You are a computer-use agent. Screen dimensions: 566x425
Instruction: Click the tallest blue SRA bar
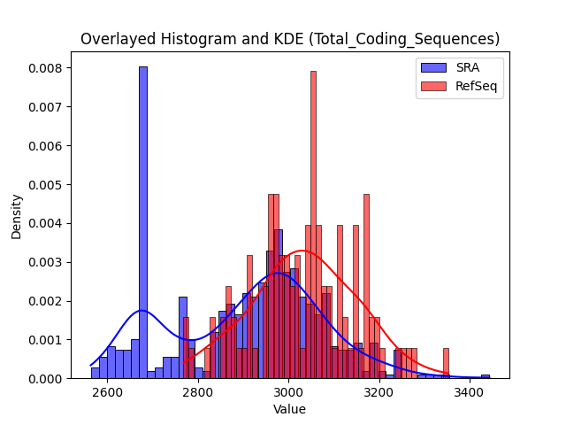pos(143,222)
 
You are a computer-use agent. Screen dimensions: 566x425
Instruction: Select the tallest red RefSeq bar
pos(313,224)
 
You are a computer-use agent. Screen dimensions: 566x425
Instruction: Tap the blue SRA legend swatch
pos(433,67)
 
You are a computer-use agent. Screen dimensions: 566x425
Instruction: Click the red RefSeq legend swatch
pos(433,86)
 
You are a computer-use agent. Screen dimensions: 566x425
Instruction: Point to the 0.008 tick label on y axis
pos(45,68)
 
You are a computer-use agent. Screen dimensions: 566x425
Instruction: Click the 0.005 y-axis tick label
pos(45,185)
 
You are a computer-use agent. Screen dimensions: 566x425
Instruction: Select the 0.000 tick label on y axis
pos(45,379)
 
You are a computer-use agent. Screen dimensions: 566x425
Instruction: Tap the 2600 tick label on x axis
pos(107,392)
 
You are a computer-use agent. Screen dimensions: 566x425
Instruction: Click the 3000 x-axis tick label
pos(289,392)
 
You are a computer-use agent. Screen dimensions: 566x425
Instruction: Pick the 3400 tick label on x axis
pos(470,392)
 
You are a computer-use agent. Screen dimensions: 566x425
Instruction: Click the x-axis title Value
pos(289,409)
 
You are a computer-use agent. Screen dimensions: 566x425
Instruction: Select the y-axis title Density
pos(16,217)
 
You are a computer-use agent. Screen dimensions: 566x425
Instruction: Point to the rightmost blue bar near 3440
pos(486,376)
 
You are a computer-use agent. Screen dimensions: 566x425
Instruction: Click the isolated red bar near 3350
pos(446,363)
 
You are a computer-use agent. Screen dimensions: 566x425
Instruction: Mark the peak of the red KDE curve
pos(302,251)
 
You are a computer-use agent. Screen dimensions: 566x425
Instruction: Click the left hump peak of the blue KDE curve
pos(141,311)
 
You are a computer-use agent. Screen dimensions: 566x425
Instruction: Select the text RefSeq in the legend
pos(476,87)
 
